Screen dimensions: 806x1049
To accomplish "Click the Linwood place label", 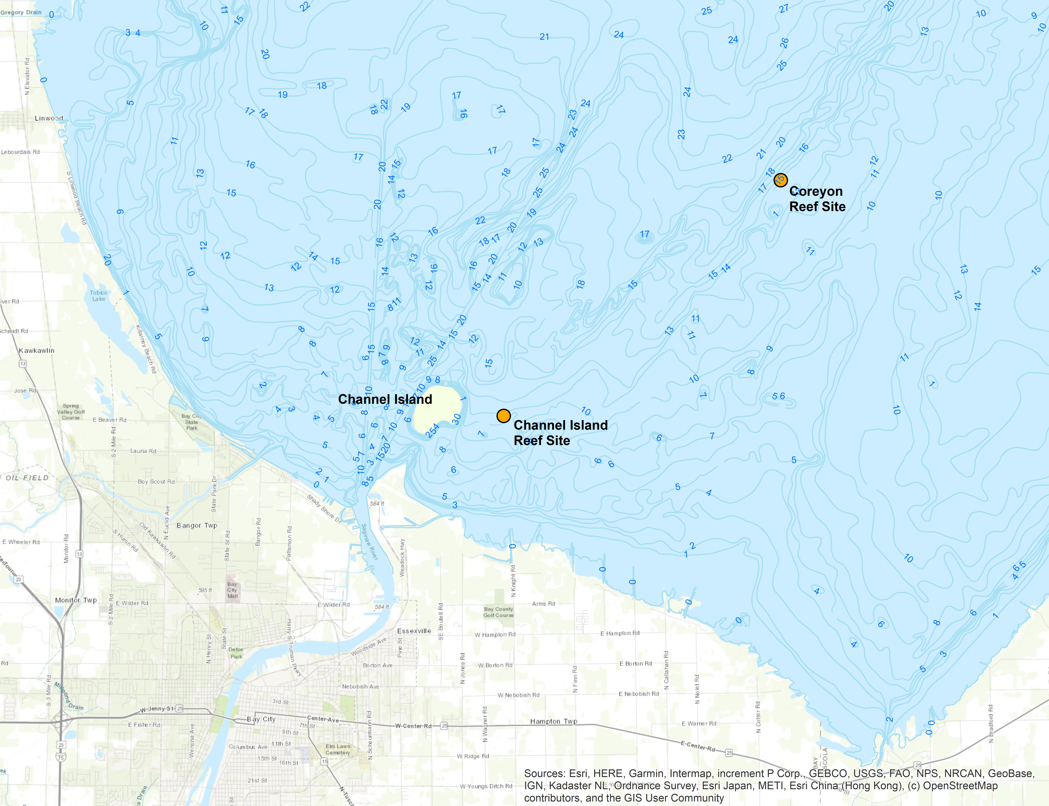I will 48,118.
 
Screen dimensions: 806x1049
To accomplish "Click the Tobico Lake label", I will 98,296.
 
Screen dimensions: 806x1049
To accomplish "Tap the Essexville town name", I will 414,631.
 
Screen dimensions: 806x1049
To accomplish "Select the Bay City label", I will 261,719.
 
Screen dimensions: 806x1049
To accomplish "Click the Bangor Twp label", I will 197,525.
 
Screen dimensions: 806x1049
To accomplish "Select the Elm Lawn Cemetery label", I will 338,749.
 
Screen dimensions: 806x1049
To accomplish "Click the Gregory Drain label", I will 21,12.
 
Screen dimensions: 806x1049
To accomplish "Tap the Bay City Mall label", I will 232,590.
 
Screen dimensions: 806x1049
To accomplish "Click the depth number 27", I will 784,9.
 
